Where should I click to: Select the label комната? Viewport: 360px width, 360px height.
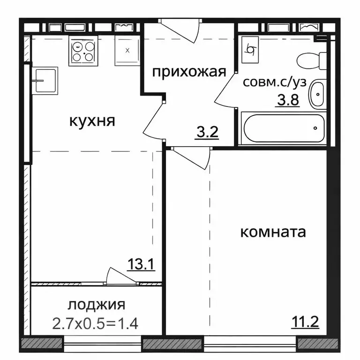(x=273, y=232)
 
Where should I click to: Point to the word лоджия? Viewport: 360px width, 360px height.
(x=97, y=305)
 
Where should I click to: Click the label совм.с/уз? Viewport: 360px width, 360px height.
(x=275, y=82)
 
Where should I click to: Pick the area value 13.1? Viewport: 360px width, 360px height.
(x=141, y=265)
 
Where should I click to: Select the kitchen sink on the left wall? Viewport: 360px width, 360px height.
(x=45, y=80)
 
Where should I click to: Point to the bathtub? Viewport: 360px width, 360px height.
(x=283, y=127)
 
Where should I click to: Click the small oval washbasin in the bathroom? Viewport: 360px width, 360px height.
(x=318, y=95)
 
